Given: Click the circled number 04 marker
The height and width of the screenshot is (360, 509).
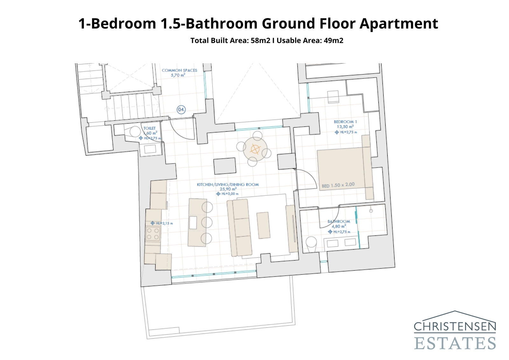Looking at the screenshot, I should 181,109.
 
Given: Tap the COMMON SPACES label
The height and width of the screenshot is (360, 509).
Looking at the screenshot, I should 179,70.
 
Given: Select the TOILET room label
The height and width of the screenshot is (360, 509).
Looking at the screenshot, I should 150,128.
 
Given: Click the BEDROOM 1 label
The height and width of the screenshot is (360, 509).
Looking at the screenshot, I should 345,122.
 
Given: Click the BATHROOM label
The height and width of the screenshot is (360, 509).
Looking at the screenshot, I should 339,221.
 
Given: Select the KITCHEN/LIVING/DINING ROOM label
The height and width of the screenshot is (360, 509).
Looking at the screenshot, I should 228,184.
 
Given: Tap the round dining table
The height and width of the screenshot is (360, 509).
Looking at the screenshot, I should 255,149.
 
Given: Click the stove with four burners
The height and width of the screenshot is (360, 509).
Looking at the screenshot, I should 152,234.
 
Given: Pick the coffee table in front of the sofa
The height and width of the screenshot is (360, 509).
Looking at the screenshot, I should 263,225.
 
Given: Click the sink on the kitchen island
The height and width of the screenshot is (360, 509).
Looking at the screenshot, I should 193,222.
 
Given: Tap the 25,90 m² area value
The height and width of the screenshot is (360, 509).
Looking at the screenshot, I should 228,189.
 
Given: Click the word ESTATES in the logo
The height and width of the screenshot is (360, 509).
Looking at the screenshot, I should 455,343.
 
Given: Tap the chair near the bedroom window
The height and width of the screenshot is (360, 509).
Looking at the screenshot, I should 333,96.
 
